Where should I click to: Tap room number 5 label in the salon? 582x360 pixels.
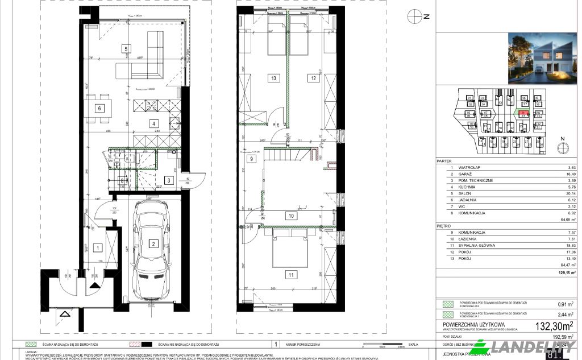126,49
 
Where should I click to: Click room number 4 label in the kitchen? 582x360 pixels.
152,123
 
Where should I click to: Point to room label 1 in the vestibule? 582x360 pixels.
98,247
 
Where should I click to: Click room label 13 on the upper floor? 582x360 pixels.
273,78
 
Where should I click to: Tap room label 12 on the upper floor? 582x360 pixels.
313,78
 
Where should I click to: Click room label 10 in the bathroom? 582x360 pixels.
290,216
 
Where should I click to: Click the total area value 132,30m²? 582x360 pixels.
553,325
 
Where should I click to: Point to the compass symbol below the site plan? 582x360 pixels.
563,146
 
